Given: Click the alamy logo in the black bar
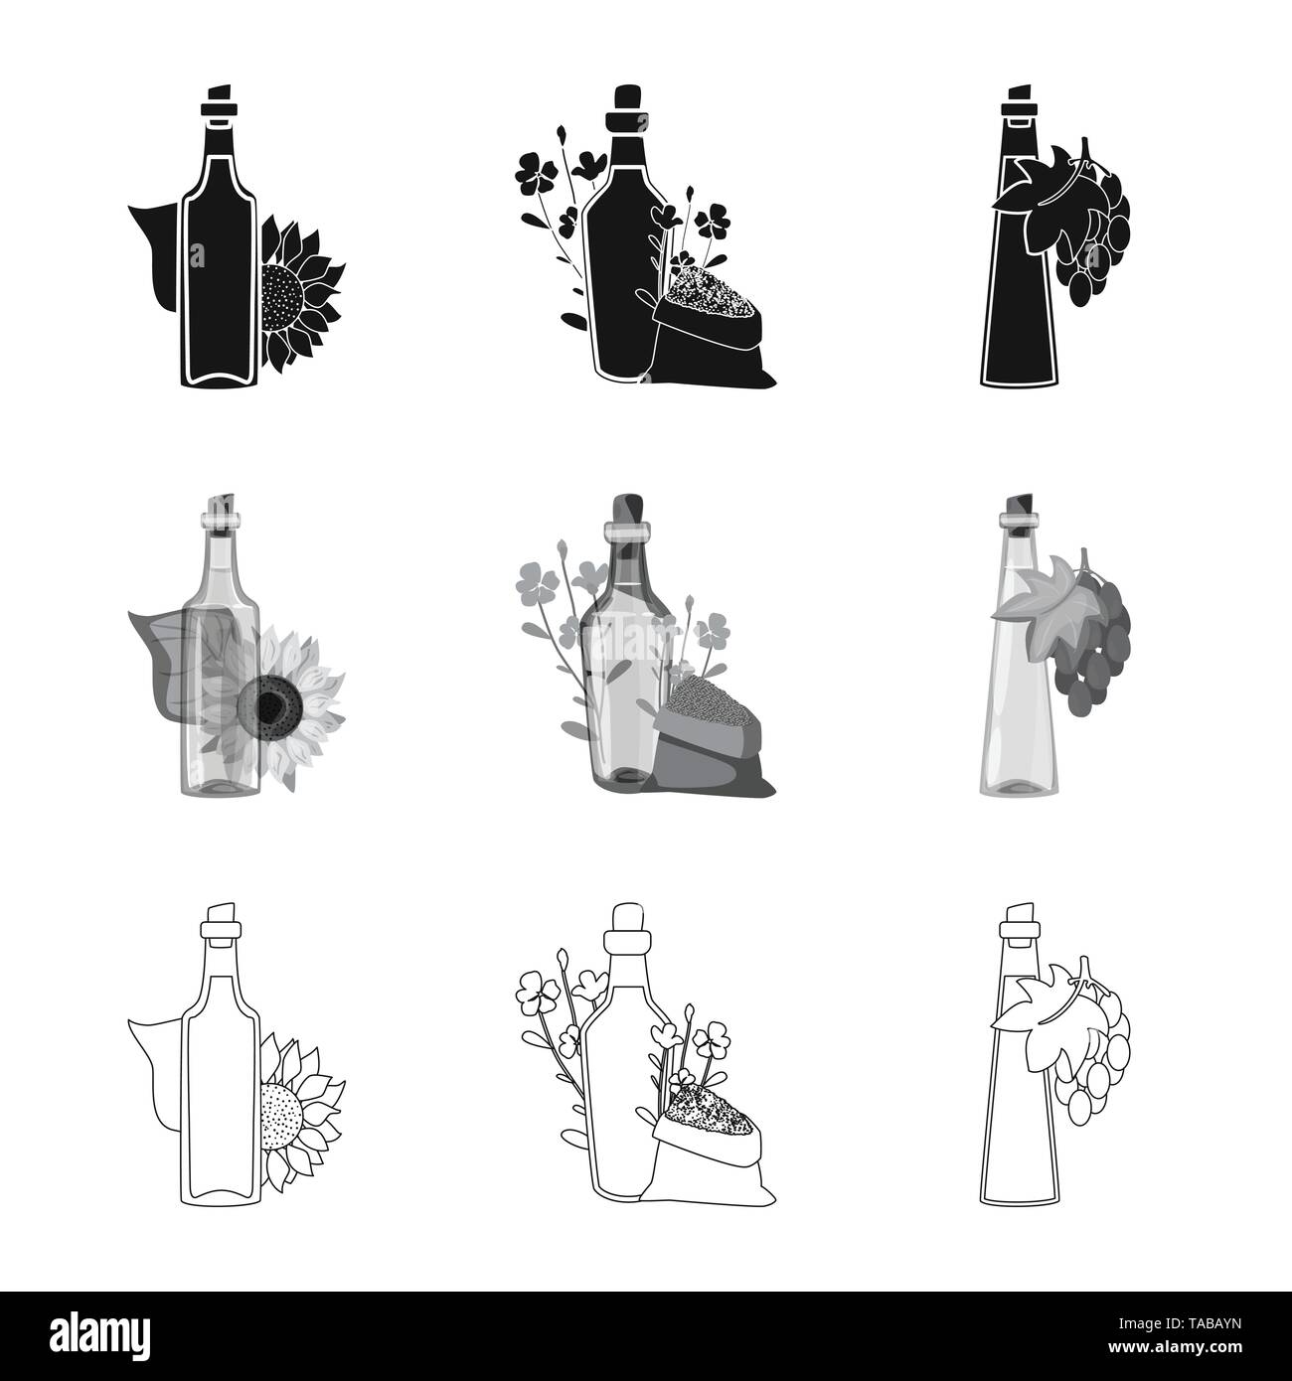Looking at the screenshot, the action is [100, 1333].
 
